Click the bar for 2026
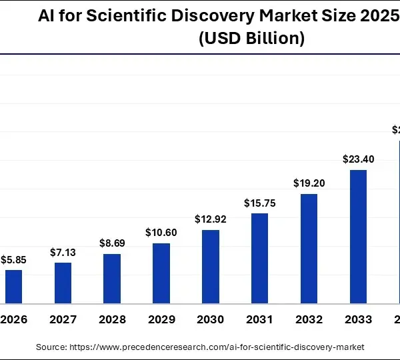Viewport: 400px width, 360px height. [x=13, y=287]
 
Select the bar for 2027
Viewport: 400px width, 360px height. [x=63, y=283]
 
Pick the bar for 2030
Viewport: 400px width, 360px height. [x=211, y=267]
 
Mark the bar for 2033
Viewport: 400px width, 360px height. [x=358, y=237]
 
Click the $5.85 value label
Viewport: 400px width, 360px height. [x=13, y=259]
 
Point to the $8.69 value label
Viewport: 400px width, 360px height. [x=112, y=244]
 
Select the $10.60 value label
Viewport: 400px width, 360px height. [x=161, y=233]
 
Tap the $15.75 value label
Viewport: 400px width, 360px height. [x=259, y=203]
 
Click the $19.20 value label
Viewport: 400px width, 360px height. [x=309, y=183]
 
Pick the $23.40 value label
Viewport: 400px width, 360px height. [x=358, y=159]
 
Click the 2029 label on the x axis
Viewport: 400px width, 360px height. [x=161, y=320]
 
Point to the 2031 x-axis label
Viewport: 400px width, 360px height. [x=259, y=320]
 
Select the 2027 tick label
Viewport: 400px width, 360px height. [x=63, y=320]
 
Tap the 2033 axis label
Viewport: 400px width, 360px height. [x=358, y=320]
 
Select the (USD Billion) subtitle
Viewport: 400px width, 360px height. [x=252, y=39]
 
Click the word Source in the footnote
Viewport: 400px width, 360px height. [x=51, y=347]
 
